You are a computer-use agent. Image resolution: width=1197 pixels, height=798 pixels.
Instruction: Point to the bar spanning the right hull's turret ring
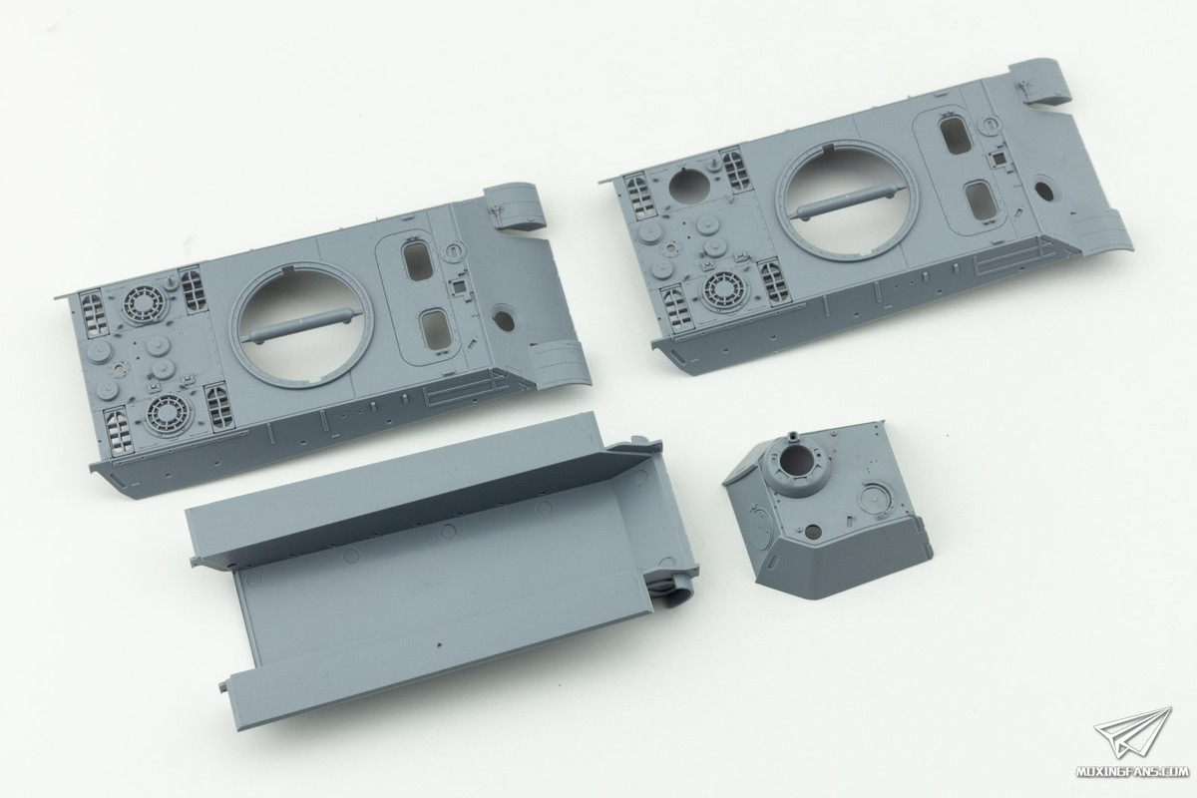click(x=850, y=200)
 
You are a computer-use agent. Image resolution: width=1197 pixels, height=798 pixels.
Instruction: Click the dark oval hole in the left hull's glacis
click(x=504, y=320)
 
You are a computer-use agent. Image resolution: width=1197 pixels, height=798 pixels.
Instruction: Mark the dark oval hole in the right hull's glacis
click(x=1044, y=192)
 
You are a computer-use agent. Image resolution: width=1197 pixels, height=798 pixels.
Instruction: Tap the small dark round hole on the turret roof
click(x=813, y=531)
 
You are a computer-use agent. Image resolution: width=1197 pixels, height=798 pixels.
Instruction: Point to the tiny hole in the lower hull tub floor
click(x=439, y=645)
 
